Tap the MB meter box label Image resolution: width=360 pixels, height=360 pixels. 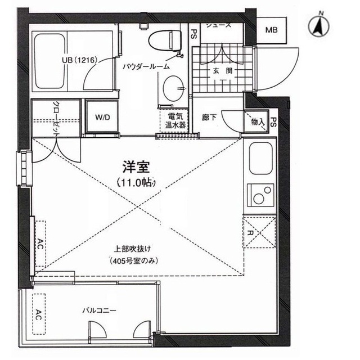[x=272, y=30]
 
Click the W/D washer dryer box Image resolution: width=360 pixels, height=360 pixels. [x=102, y=118]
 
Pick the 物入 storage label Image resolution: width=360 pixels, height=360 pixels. [x=257, y=121]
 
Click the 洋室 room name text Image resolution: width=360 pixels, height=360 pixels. [x=134, y=166]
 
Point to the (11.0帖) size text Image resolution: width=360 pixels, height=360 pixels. [x=136, y=183]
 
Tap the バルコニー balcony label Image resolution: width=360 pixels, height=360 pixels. [x=99, y=310]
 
